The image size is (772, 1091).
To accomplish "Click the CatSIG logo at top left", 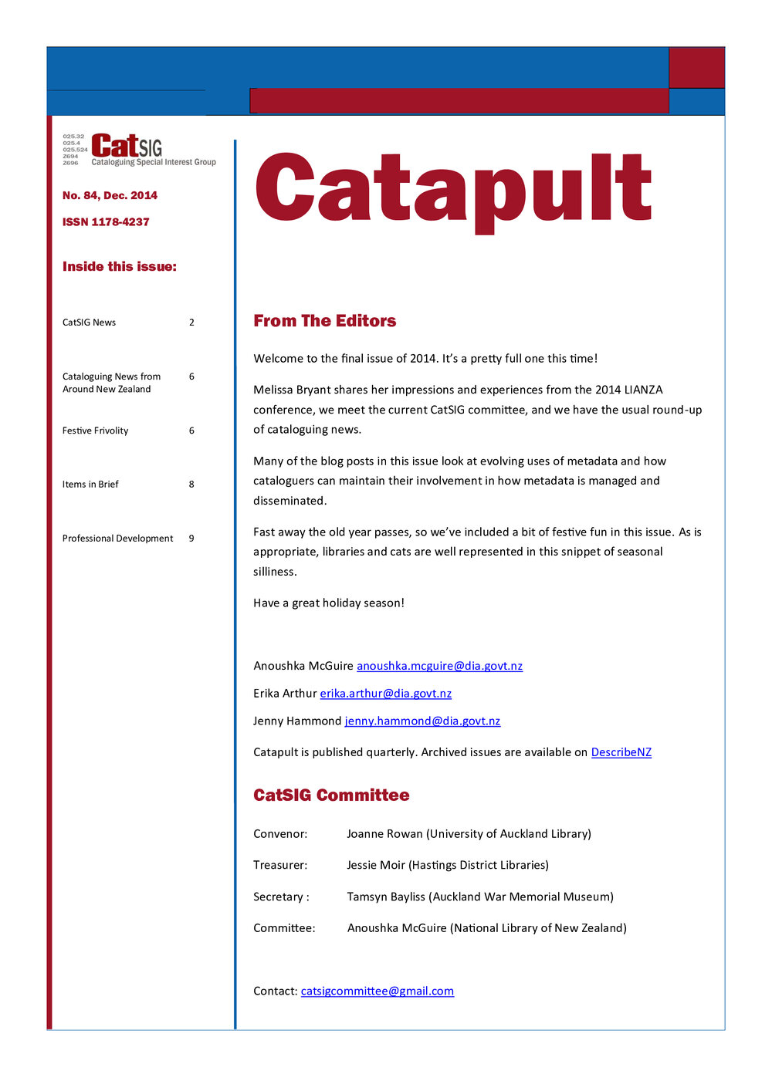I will coord(139,150).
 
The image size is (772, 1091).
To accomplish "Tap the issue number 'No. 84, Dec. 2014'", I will coord(110,196).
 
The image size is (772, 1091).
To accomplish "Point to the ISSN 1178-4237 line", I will coord(106,222).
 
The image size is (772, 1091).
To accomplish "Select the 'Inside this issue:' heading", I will coord(120,267).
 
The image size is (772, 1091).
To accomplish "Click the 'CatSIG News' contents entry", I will coord(89,323).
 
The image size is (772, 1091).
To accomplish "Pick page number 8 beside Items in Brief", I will coord(191,485).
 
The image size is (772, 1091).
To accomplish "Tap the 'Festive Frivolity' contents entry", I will coord(95,431).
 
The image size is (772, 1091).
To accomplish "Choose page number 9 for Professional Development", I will coord(191,539).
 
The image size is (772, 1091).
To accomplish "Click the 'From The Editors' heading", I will coord(324,321).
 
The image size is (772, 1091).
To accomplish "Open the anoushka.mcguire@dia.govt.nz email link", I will coord(439,666).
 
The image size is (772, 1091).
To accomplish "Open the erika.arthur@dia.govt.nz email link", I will coord(385,694).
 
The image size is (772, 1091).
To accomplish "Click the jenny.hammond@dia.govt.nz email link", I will coord(422,721).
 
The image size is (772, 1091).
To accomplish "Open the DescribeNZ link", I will coord(621,752).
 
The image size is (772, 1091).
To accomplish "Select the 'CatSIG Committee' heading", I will coord(331,795).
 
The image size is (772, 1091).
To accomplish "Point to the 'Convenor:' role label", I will coord(280,834).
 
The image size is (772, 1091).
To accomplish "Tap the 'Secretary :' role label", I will coord(281,897).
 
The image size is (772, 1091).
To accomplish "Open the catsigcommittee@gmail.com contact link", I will coord(377,991).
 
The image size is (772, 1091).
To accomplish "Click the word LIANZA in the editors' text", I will coord(643,390).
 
